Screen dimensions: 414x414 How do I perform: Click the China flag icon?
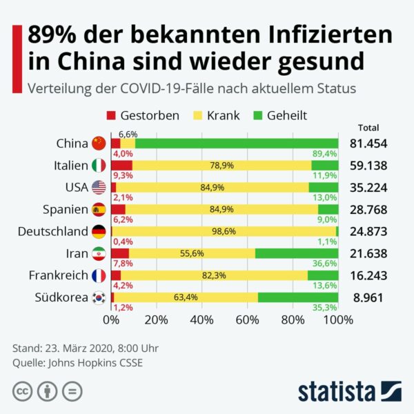[x=99, y=144]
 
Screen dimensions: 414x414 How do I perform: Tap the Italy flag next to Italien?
[x=99, y=166]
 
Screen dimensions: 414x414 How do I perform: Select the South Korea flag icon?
[x=99, y=297]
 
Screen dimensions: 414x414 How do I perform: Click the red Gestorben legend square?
[x=111, y=116]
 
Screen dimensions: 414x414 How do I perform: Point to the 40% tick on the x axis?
[x=202, y=320]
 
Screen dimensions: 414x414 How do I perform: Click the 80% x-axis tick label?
[x=293, y=320]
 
